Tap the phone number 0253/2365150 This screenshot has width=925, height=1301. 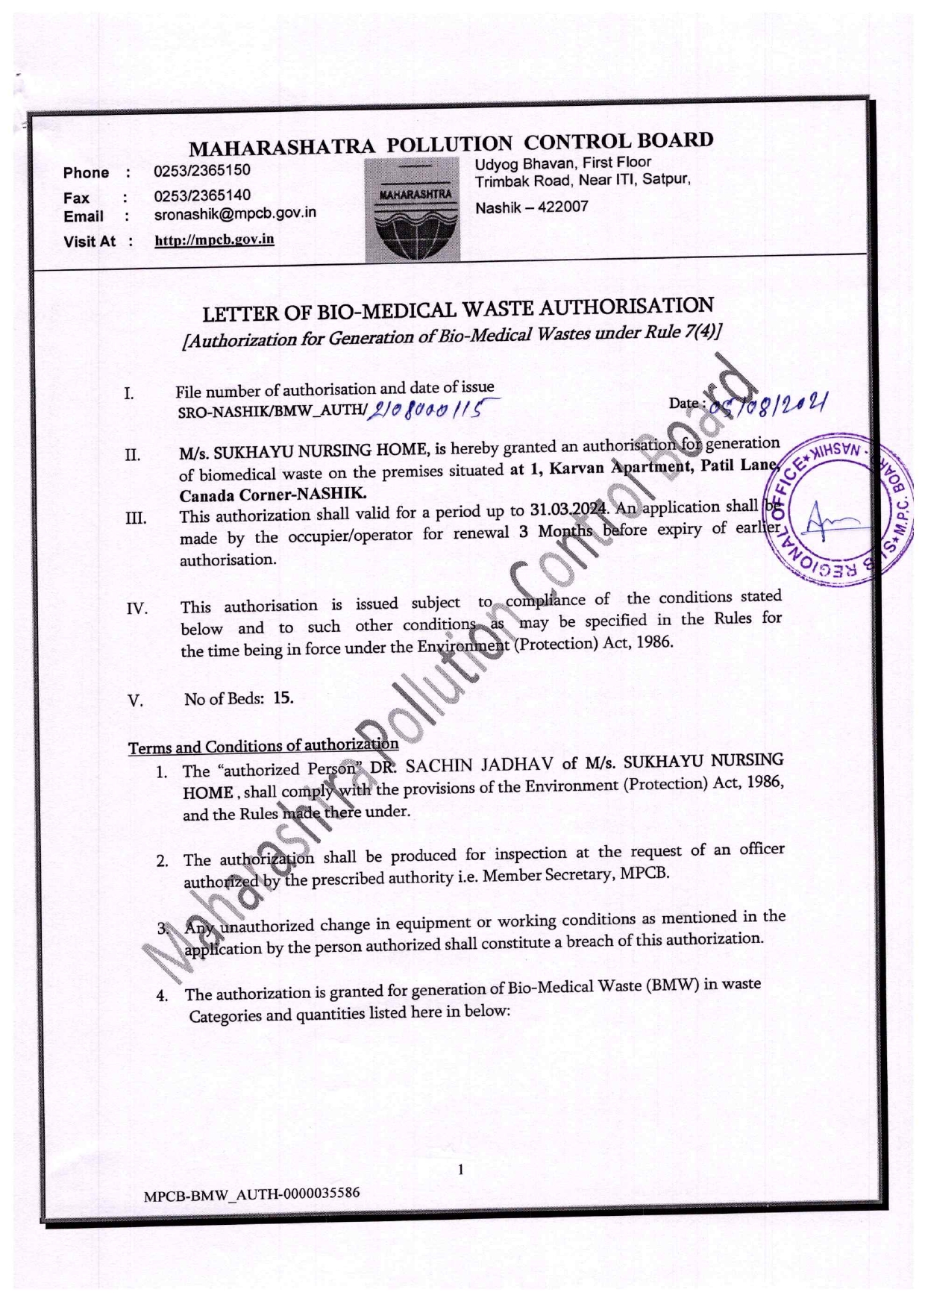202,170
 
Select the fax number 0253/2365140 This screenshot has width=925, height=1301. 202,195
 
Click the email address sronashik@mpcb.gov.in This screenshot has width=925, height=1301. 235,213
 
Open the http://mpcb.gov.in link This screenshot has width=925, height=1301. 214,239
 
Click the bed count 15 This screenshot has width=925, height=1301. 283,698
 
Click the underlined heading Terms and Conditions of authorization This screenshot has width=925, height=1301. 263,746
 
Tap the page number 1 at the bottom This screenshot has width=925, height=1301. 460,1169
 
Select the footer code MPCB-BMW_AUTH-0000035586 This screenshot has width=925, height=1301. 252,1194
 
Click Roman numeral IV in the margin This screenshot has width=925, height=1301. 137,609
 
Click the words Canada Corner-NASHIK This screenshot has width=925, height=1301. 273,495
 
